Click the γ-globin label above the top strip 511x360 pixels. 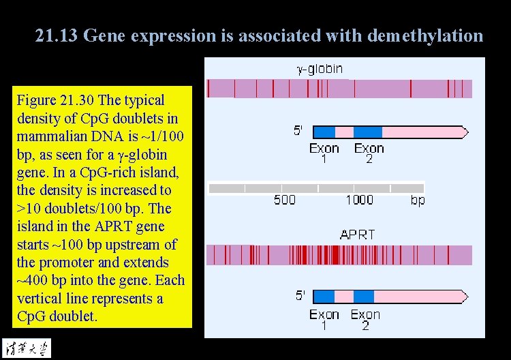tap(320, 68)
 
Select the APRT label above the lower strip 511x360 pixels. tap(357, 235)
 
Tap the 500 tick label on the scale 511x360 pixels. tap(285, 200)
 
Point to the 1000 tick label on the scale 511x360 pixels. tap(359, 200)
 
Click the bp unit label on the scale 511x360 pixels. tap(418, 200)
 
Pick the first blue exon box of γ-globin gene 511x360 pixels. tap(324, 132)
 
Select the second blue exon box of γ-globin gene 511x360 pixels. tap(368, 132)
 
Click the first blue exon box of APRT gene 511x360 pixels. tap(324, 296)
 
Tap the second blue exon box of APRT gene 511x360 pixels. tap(364, 296)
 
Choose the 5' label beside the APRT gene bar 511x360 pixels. tap(300, 295)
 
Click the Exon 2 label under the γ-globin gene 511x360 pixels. tap(369, 153)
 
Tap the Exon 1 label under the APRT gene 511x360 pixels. tap(324, 320)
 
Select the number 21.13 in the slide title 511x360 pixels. tap(57, 35)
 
